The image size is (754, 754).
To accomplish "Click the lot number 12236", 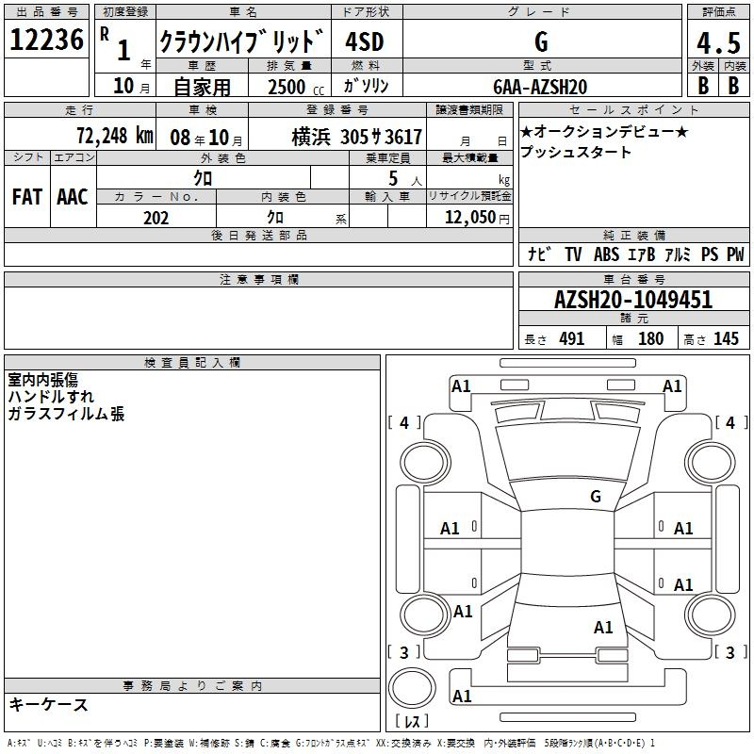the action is [46, 40].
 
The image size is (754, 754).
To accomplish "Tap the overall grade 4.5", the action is [718, 43].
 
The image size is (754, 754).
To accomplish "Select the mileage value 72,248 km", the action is [115, 136].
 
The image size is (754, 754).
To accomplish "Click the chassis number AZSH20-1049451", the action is [633, 300].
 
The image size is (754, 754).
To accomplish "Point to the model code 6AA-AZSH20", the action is [540, 87].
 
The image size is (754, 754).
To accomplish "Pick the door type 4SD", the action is [365, 41].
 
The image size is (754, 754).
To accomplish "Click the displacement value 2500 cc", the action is [296, 87].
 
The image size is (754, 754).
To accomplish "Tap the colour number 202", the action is [156, 218].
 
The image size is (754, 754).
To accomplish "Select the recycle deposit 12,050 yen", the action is [477, 218].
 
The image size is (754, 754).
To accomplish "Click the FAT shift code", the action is [27, 197].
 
